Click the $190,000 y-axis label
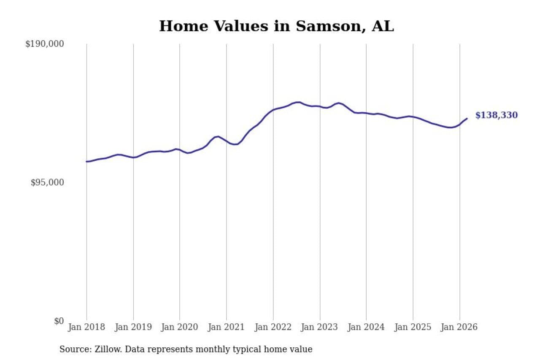coord(45,44)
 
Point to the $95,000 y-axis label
coord(47,182)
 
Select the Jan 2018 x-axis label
coord(87,328)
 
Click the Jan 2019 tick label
coord(133,328)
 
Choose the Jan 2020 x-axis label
coord(180,328)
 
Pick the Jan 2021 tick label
coord(227,328)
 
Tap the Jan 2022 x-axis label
coord(273,328)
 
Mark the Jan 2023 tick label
coord(320,328)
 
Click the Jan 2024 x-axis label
coord(366,328)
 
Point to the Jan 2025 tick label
coord(413,328)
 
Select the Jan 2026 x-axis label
coord(459,328)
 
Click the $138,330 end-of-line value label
coord(496,115)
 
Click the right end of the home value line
coord(467,119)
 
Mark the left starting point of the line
coord(87,162)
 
